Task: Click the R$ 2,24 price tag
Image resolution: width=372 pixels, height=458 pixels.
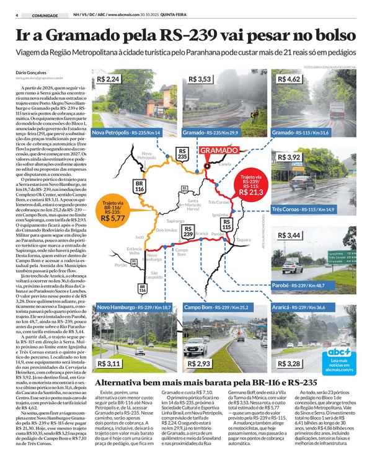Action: tap(108, 80)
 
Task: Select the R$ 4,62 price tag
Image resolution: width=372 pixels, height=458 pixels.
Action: tap(290, 80)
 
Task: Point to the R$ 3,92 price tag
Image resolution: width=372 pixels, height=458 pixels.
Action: tap(290, 158)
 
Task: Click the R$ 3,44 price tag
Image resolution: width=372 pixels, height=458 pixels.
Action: tap(290, 236)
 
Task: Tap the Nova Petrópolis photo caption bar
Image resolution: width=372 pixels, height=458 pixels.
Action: tap(127, 133)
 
